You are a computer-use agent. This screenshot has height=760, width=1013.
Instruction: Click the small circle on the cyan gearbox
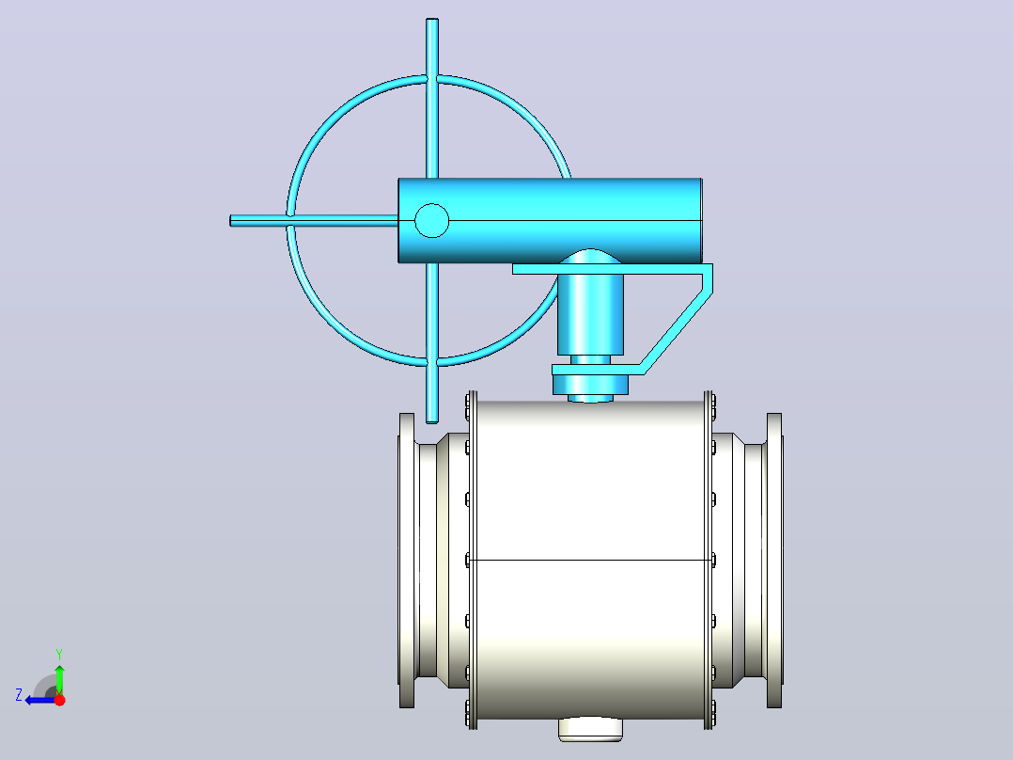pos(431,220)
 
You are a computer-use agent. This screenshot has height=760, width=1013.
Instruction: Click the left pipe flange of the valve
pos(406,561)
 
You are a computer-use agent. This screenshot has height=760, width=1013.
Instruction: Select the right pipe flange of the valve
pos(774,561)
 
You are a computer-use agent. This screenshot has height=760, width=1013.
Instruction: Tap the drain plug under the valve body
pos(590,729)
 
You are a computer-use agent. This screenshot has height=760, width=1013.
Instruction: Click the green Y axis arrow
pos(59,678)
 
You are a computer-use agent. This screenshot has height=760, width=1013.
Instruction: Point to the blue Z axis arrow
pos(40,700)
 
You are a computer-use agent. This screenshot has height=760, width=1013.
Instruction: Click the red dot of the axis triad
pos(60,700)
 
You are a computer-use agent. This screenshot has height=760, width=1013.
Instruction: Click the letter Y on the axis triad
pos(59,655)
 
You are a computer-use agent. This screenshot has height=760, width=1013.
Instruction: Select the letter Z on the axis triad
pos(19,695)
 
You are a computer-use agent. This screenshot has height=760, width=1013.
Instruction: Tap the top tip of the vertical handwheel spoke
pos(432,20)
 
